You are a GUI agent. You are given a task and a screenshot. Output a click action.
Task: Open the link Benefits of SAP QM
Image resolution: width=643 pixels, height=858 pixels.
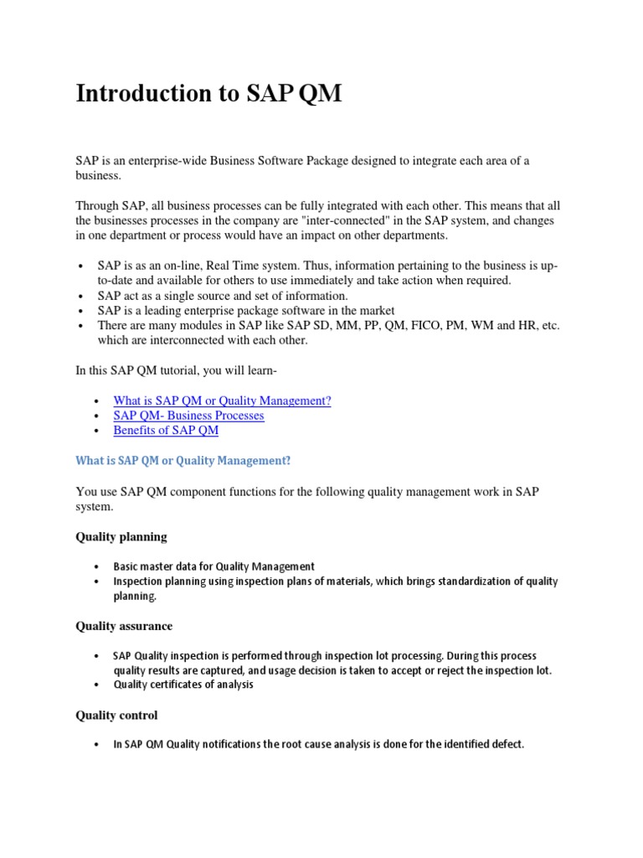pyautogui.click(x=166, y=430)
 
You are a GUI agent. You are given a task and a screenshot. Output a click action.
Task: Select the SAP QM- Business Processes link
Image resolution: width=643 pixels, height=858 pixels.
pyautogui.click(x=188, y=416)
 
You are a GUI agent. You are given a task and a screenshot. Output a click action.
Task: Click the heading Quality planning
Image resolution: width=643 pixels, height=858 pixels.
pyautogui.click(x=121, y=536)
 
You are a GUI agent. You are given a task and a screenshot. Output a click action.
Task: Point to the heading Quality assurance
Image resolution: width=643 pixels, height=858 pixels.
pyautogui.click(x=124, y=626)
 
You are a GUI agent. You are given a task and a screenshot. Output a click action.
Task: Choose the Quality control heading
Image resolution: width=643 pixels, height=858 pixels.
pyautogui.click(x=116, y=716)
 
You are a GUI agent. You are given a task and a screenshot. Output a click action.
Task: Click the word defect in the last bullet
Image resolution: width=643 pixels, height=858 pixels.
pyautogui.click(x=505, y=744)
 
